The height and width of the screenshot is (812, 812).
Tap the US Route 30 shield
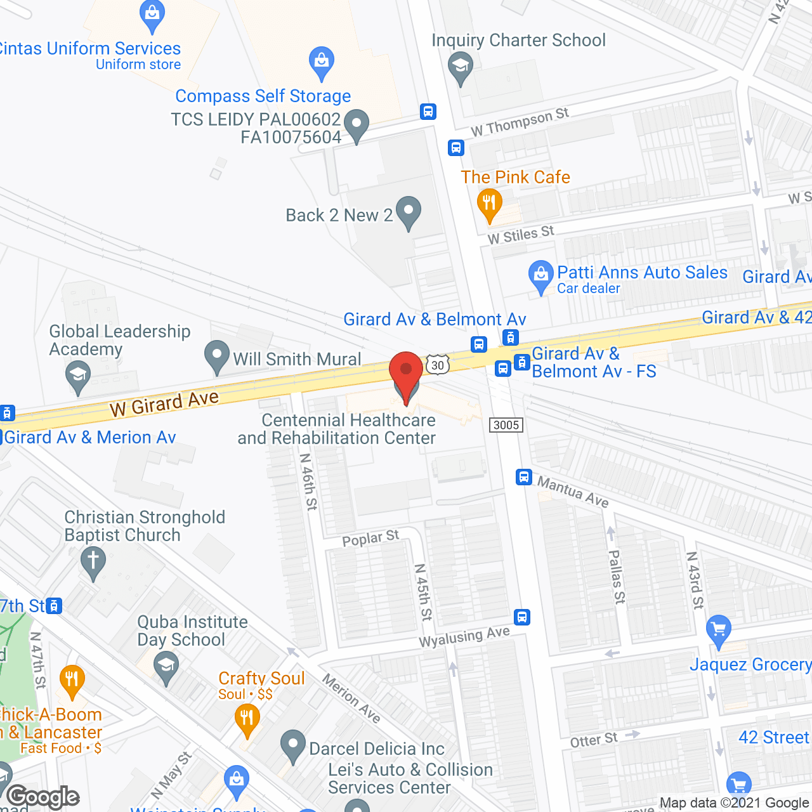tap(438, 365)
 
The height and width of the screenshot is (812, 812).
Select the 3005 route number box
tap(506, 425)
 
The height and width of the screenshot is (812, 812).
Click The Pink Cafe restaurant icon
tap(489, 204)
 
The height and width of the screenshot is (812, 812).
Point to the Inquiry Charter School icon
tap(461, 67)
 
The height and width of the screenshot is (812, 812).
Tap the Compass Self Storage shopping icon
tap(322, 62)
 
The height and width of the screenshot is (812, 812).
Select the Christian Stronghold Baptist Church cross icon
tap(93, 561)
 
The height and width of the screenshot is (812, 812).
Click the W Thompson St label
tap(520, 122)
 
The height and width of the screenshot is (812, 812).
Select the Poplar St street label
tap(370, 539)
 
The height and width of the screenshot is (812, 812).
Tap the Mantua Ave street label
tap(573, 492)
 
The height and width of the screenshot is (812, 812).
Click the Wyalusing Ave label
tap(464, 637)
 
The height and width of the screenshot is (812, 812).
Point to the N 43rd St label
tap(695, 580)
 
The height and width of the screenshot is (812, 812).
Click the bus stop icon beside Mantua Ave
tap(523, 476)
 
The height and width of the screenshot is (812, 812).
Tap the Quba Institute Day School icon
tap(166, 667)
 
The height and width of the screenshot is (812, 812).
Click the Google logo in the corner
tap(43, 797)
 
